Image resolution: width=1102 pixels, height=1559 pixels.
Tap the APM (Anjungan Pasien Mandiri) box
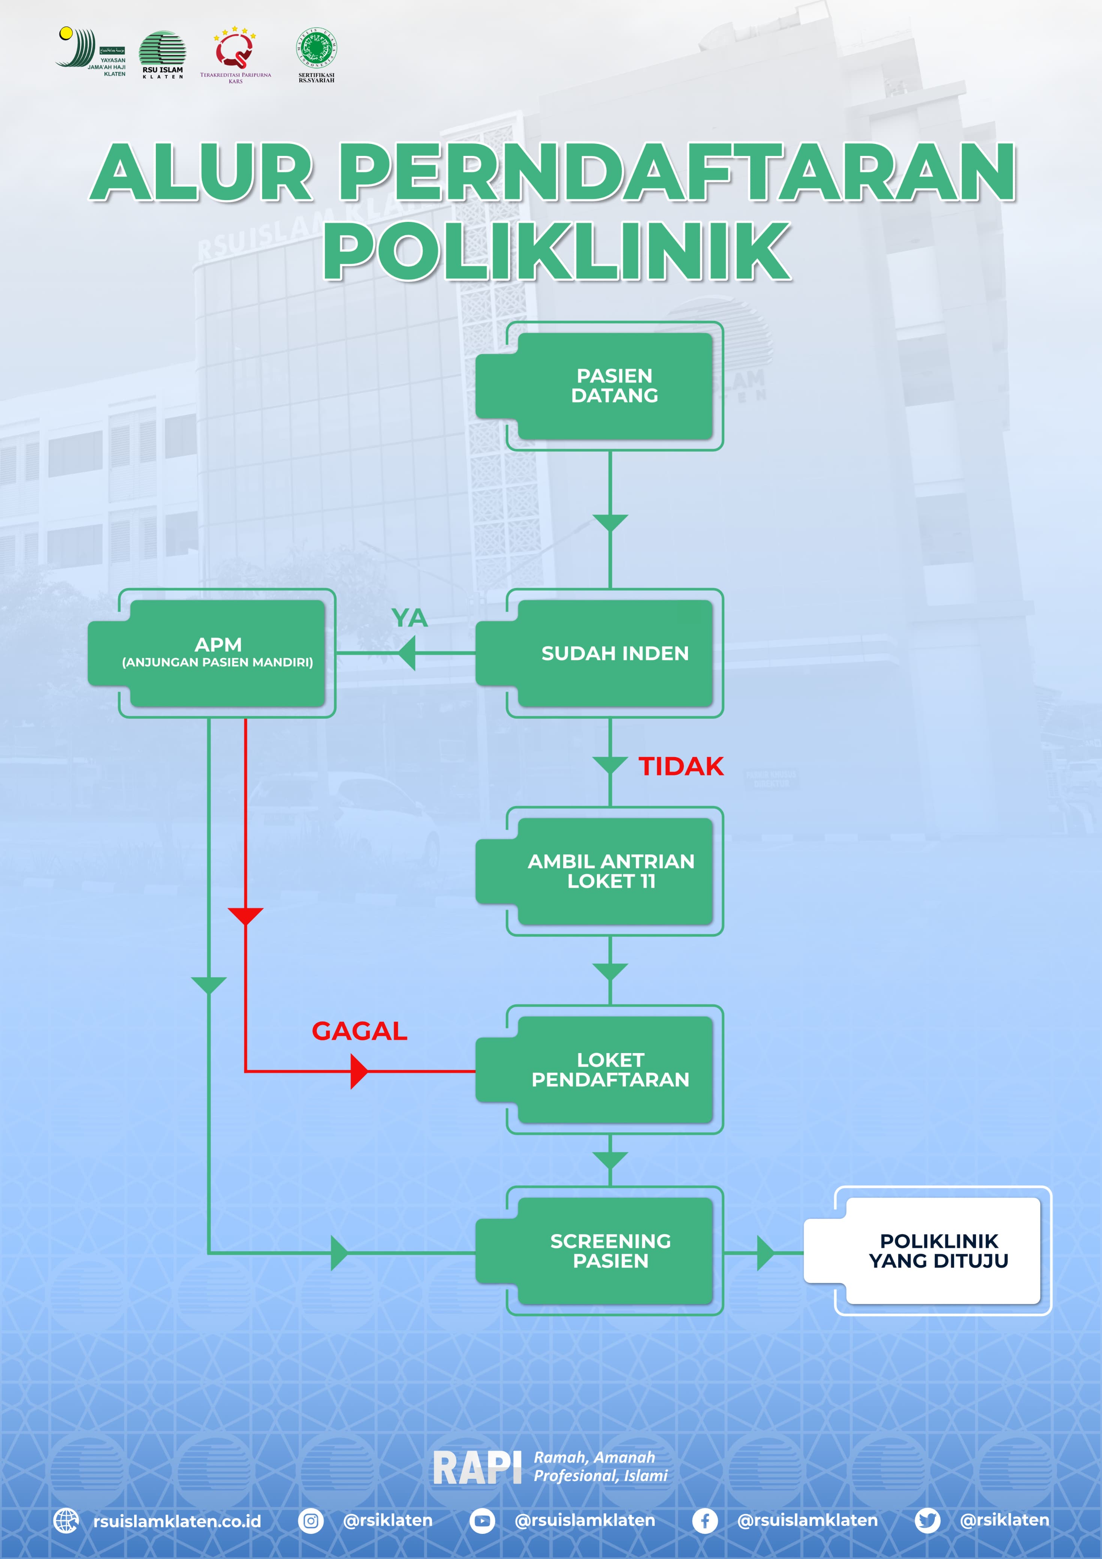click(217, 653)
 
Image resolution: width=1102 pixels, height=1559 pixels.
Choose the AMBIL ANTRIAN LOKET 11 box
click(611, 871)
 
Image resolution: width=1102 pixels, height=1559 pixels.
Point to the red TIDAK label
click(681, 766)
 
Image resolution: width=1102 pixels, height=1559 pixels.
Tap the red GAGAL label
click(359, 1031)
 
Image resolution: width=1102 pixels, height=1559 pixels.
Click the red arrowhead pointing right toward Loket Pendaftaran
click(359, 1071)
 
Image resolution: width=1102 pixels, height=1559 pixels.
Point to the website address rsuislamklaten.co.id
click(176, 1521)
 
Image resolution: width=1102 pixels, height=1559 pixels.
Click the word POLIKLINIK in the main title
click(557, 251)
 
